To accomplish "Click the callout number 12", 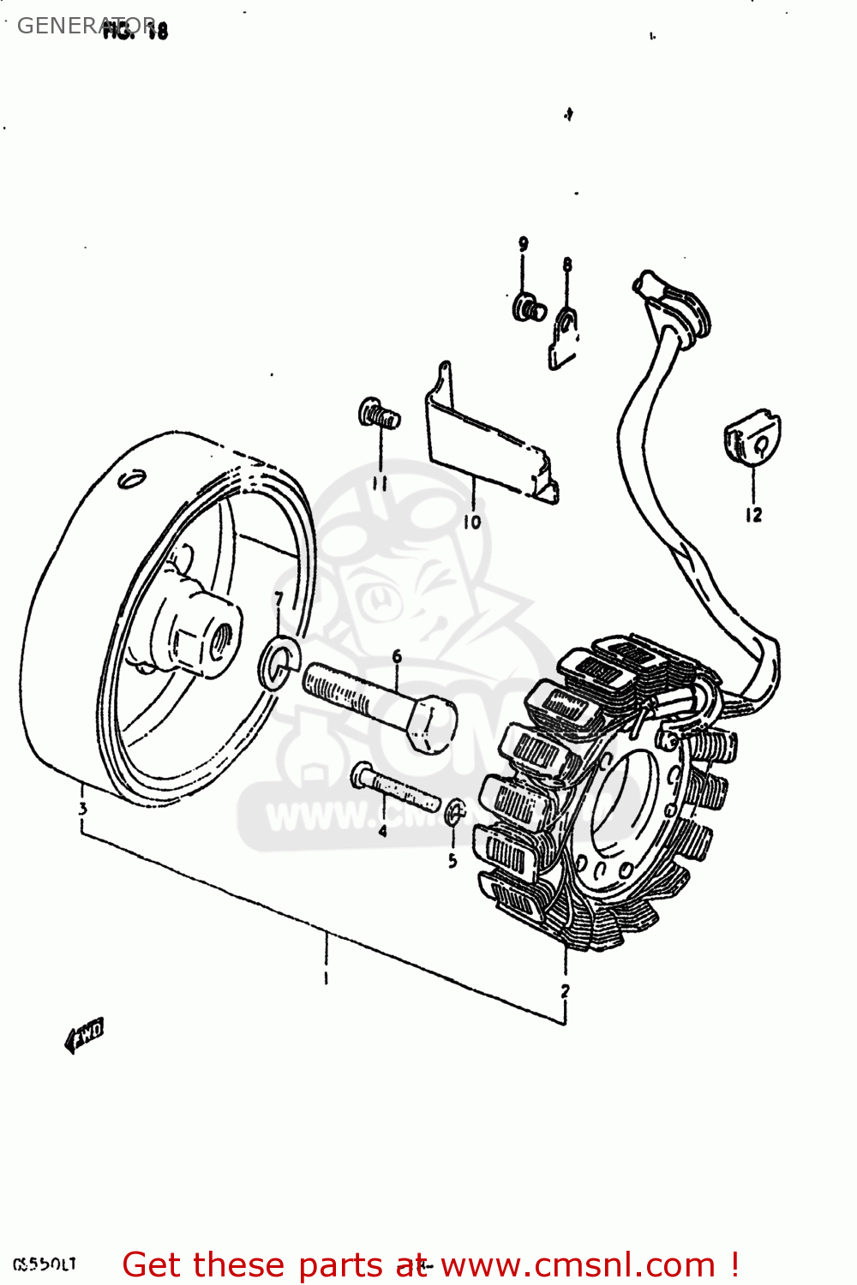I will pyautogui.click(x=753, y=515).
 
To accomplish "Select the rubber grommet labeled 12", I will pyautogui.click(x=752, y=439).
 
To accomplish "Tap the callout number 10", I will pyautogui.click(x=472, y=522).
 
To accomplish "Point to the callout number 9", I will pyautogui.click(x=523, y=244).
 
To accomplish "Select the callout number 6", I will pyautogui.click(x=397, y=657).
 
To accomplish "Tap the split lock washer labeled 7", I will pyautogui.click(x=279, y=661).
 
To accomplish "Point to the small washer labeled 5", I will pyautogui.click(x=455, y=810).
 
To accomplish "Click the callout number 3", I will pyautogui.click(x=82, y=808).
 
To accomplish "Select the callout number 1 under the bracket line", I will pyautogui.click(x=326, y=977).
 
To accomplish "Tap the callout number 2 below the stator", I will pyautogui.click(x=565, y=991).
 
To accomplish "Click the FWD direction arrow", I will pyautogui.click(x=84, y=1034).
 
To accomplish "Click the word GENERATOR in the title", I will pyautogui.click(x=86, y=26).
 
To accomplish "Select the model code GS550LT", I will pyautogui.click(x=45, y=1264).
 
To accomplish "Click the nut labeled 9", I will pyautogui.click(x=528, y=307).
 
